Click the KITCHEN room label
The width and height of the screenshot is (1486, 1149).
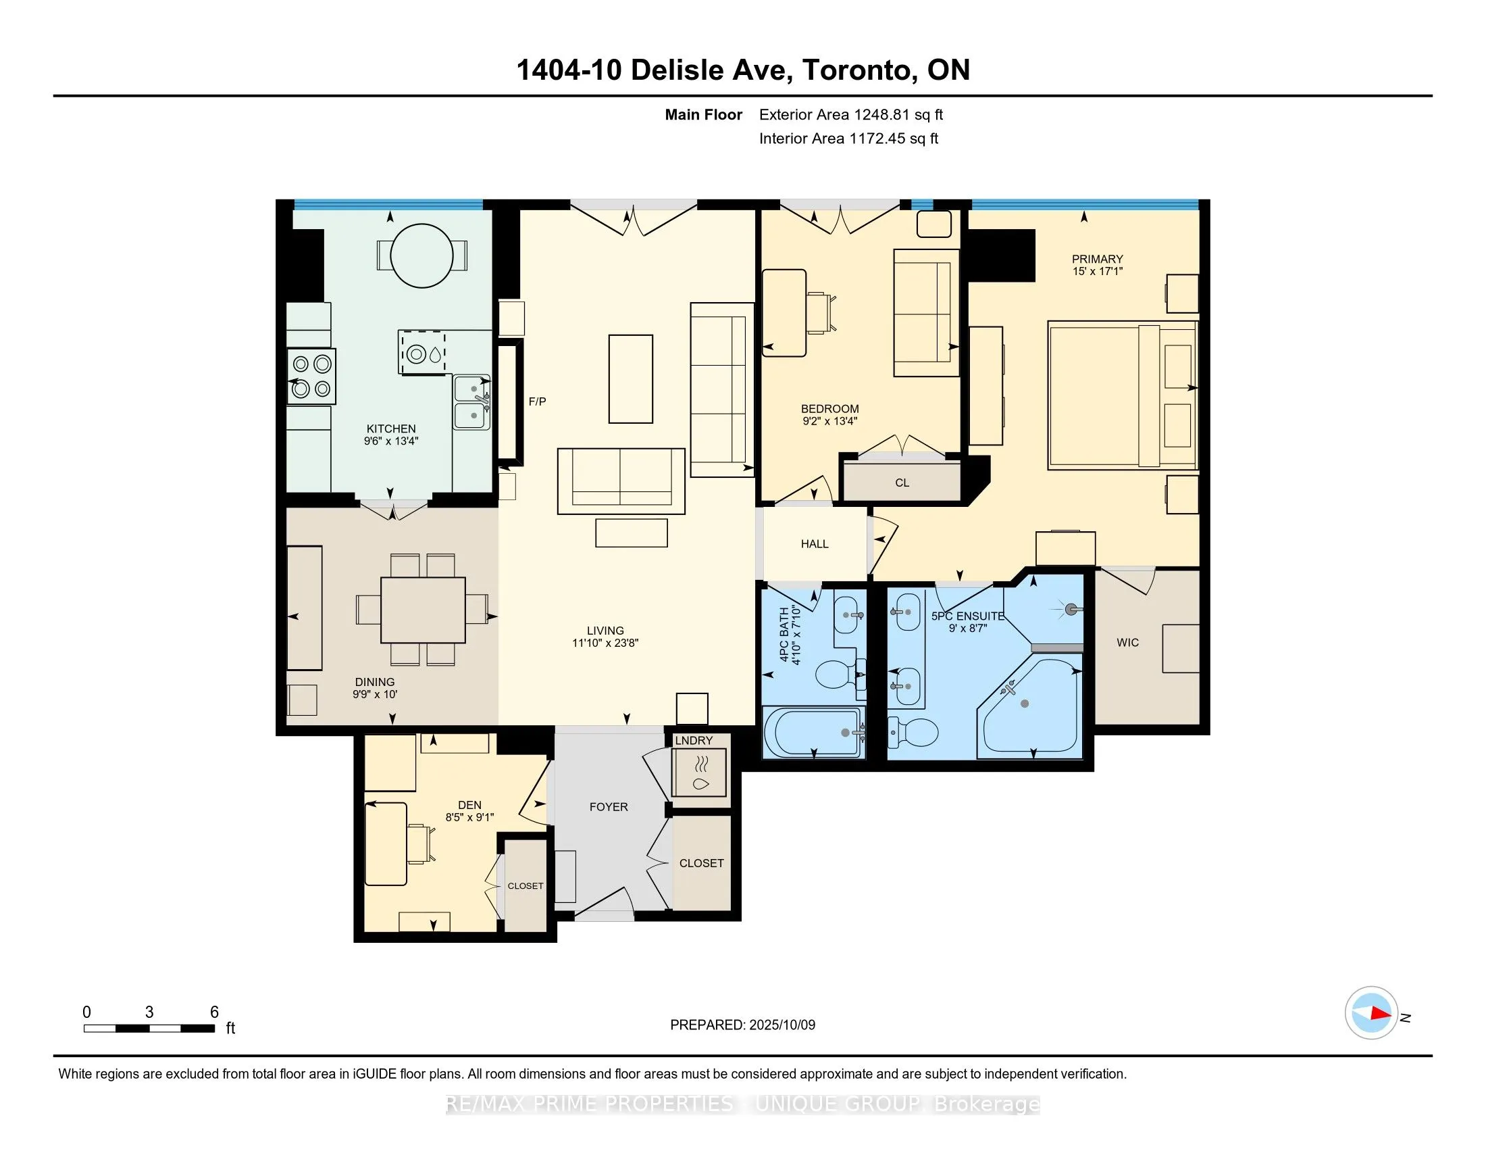pyautogui.click(x=390, y=429)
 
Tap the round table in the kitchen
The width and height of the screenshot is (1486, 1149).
pyautogui.click(x=423, y=256)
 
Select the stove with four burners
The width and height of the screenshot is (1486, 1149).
pyautogui.click(x=311, y=376)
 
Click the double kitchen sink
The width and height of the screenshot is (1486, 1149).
pyautogui.click(x=472, y=402)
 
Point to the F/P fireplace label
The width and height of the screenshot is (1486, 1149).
pyautogui.click(x=538, y=401)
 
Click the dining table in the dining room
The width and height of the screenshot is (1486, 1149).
pyautogui.click(x=423, y=610)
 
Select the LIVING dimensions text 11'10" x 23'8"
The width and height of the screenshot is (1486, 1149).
pyautogui.click(x=605, y=643)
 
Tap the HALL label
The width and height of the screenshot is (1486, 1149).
pyautogui.click(x=815, y=544)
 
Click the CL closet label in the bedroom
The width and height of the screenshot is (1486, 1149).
pyautogui.click(x=902, y=483)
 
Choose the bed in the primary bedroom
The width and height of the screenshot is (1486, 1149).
pyautogui.click(x=1122, y=395)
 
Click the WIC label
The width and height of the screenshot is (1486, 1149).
pyautogui.click(x=1127, y=642)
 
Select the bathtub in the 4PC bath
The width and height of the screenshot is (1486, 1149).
pyautogui.click(x=814, y=733)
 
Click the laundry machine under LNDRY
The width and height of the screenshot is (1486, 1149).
pyautogui.click(x=699, y=772)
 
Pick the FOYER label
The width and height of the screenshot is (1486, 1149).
pyautogui.click(x=609, y=806)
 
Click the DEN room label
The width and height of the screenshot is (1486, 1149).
pyautogui.click(x=469, y=804)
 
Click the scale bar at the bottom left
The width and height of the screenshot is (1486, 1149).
pyautogui.click(x=149, y=1028)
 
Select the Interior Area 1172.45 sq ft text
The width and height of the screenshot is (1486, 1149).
pyautogui.click(x=848, y=139)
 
